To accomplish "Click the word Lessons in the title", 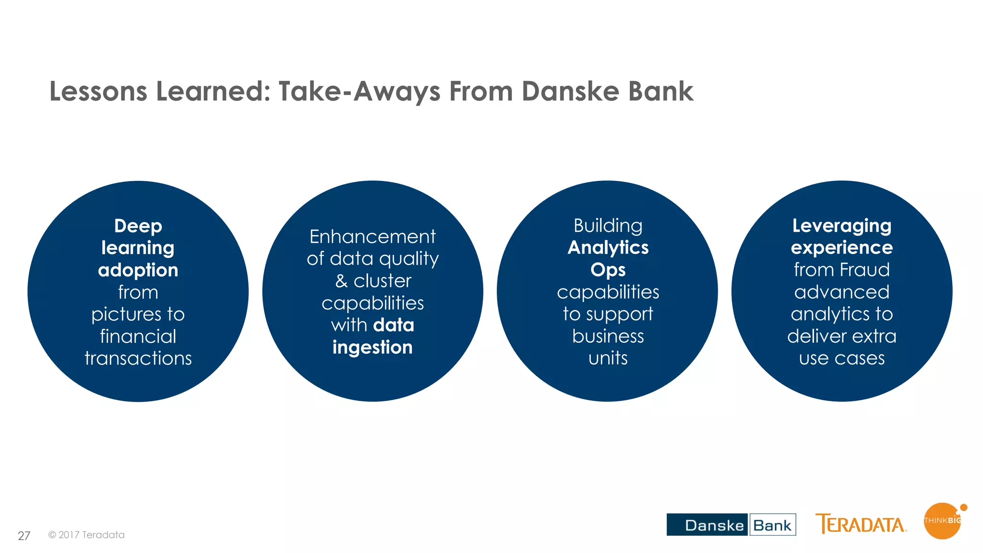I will tap(98, 91).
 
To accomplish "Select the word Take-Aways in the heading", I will tap(359, 91).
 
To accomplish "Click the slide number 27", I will tap(24, 536).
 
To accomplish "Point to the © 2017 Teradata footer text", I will tap(86, 535).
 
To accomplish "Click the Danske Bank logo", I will tap(731, 525).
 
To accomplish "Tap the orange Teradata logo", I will tap(861, 524).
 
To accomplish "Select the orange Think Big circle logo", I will tap(942, 521).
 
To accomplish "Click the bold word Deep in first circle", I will tap(138, 226).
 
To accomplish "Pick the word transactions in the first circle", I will tap(138, 359).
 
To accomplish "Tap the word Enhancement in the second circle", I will tap(372, 237).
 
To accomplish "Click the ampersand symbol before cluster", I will tap(341, 281).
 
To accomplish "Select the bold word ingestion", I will tap(372, 348).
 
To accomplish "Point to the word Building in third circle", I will tap(608, 226).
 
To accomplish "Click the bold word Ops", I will tap(608, 270).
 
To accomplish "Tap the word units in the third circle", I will tap(608, 359).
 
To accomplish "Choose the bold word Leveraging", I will tap(841, 226).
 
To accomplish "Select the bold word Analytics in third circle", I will tap(608, 248).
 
